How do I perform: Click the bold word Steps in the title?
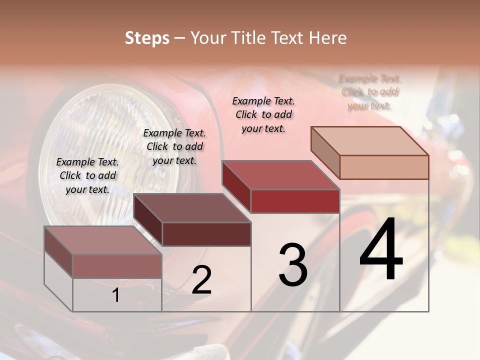click(x=147, y=38)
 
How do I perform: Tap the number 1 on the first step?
click(x=116, y=295)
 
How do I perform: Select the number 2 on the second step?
click(x=201, y=280)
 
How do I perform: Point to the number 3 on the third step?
click(x=293, y=265)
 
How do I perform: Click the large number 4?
click(x=381, y=249)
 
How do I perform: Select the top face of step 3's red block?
click(x=280, y=175)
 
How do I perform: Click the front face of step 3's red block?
click(x=295, y=201)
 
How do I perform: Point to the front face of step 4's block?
click(x=384, y=167)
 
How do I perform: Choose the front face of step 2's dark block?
click(x=206, y=234)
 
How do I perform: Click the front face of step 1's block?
click(x=117, y=266)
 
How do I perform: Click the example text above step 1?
click(x=87, y=175)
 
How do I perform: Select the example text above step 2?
click(x=174, y=146)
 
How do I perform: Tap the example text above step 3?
click(x=263, y=114)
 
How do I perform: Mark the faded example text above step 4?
click(x=370, y=92)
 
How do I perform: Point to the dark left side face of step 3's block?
click(x=236, y=186)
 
